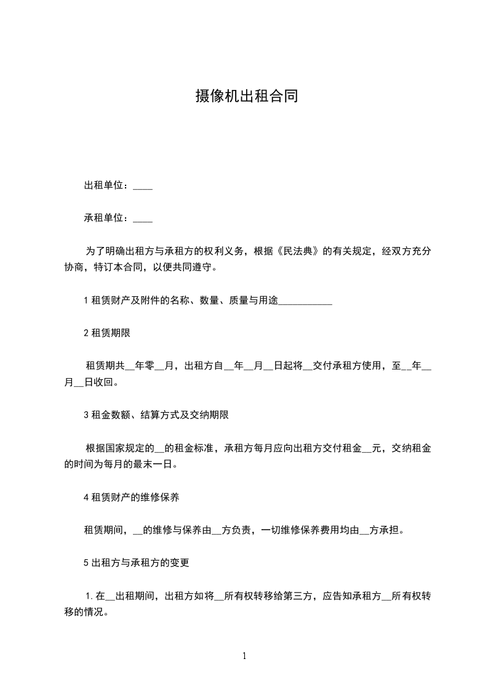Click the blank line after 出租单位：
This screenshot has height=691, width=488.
point(143,186)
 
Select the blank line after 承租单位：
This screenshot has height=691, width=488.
point(143,218)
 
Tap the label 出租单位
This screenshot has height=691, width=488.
point(105,185)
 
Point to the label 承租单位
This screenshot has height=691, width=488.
point(105,217)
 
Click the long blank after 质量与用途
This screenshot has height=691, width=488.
point(306,301)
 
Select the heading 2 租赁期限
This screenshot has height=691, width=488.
point(107,333)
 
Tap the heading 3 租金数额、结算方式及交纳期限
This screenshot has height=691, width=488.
point(156,415)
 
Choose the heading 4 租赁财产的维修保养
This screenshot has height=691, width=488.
point(131,497)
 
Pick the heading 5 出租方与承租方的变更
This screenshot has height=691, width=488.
point(136,562)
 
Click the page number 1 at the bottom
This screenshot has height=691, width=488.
point(244,657)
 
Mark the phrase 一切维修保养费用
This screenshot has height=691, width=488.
point(305,530)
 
